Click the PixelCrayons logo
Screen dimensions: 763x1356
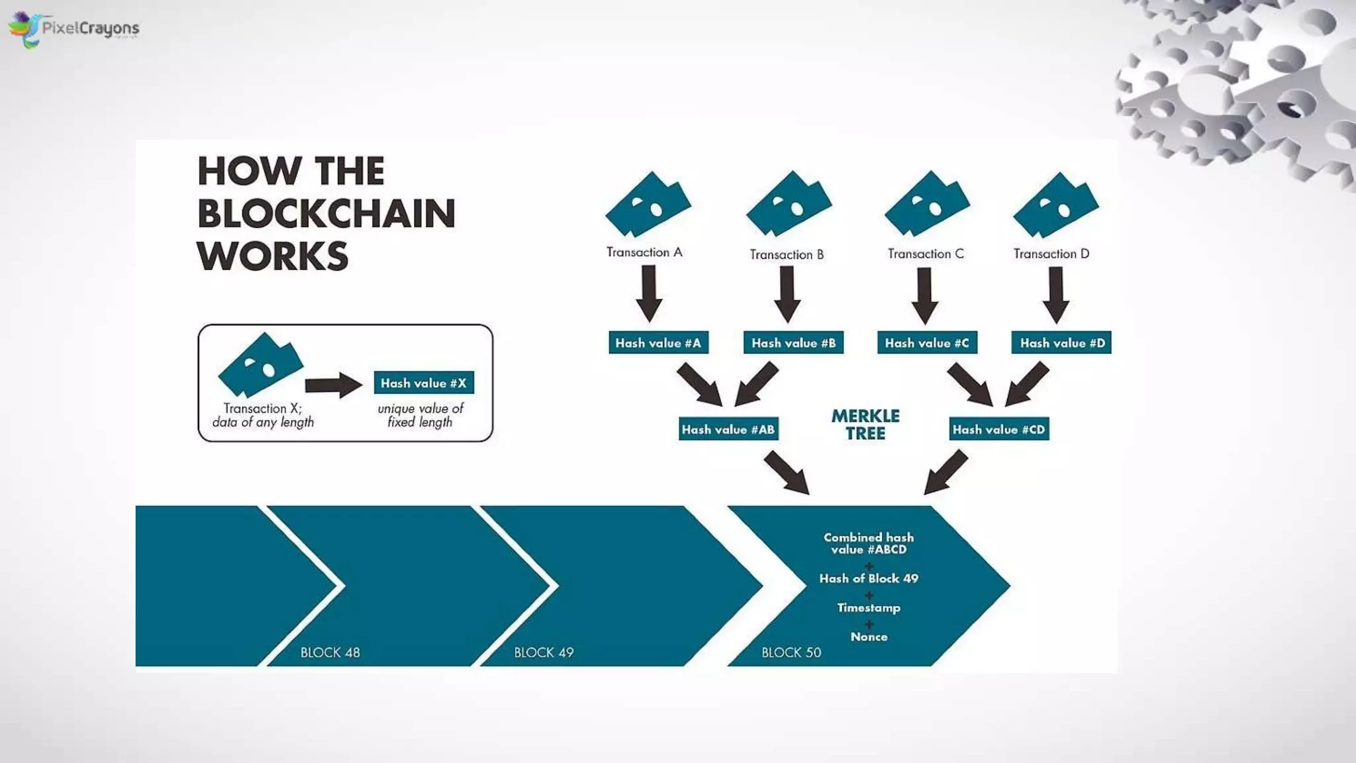(73, 28)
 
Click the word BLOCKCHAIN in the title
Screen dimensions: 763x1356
(326, 214)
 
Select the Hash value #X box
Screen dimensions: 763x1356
(424, 383)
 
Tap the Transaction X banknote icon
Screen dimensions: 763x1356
(260, 364)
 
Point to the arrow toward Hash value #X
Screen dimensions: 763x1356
(334, 385)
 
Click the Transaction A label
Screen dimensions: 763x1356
(644, 252)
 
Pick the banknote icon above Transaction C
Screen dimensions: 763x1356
(927, 203)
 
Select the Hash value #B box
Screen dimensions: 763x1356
(793, 343)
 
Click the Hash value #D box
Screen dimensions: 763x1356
(1061, 343)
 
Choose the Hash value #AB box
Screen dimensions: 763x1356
(728, 429)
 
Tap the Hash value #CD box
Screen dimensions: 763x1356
(998, 429)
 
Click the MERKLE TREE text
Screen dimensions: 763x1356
(865, 425)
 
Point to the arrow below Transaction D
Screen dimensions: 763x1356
(1056, 294)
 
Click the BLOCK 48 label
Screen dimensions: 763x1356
(330, 652)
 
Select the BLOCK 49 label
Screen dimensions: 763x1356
(544, 652)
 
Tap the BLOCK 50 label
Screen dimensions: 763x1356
(791, 652)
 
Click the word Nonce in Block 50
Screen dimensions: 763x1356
(869, 636)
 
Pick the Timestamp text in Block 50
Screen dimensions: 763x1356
(869, 607)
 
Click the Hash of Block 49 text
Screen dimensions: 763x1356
(869, 578)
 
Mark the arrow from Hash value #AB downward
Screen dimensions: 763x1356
(787, 472)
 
